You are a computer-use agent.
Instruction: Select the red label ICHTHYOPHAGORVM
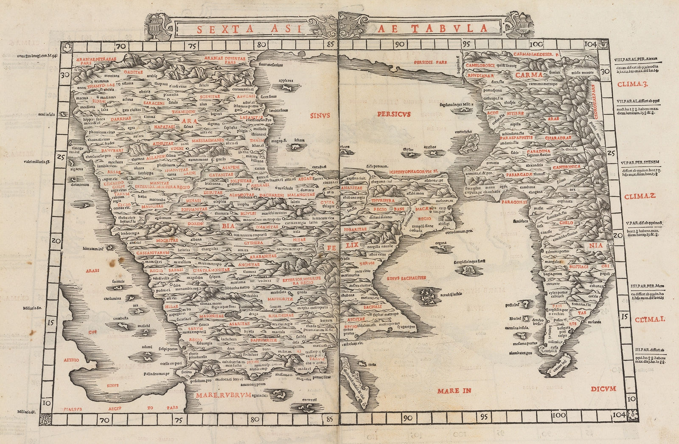[412, 171]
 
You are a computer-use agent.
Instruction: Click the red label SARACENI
[146, 103]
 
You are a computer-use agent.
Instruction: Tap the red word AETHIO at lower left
[72, 360]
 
